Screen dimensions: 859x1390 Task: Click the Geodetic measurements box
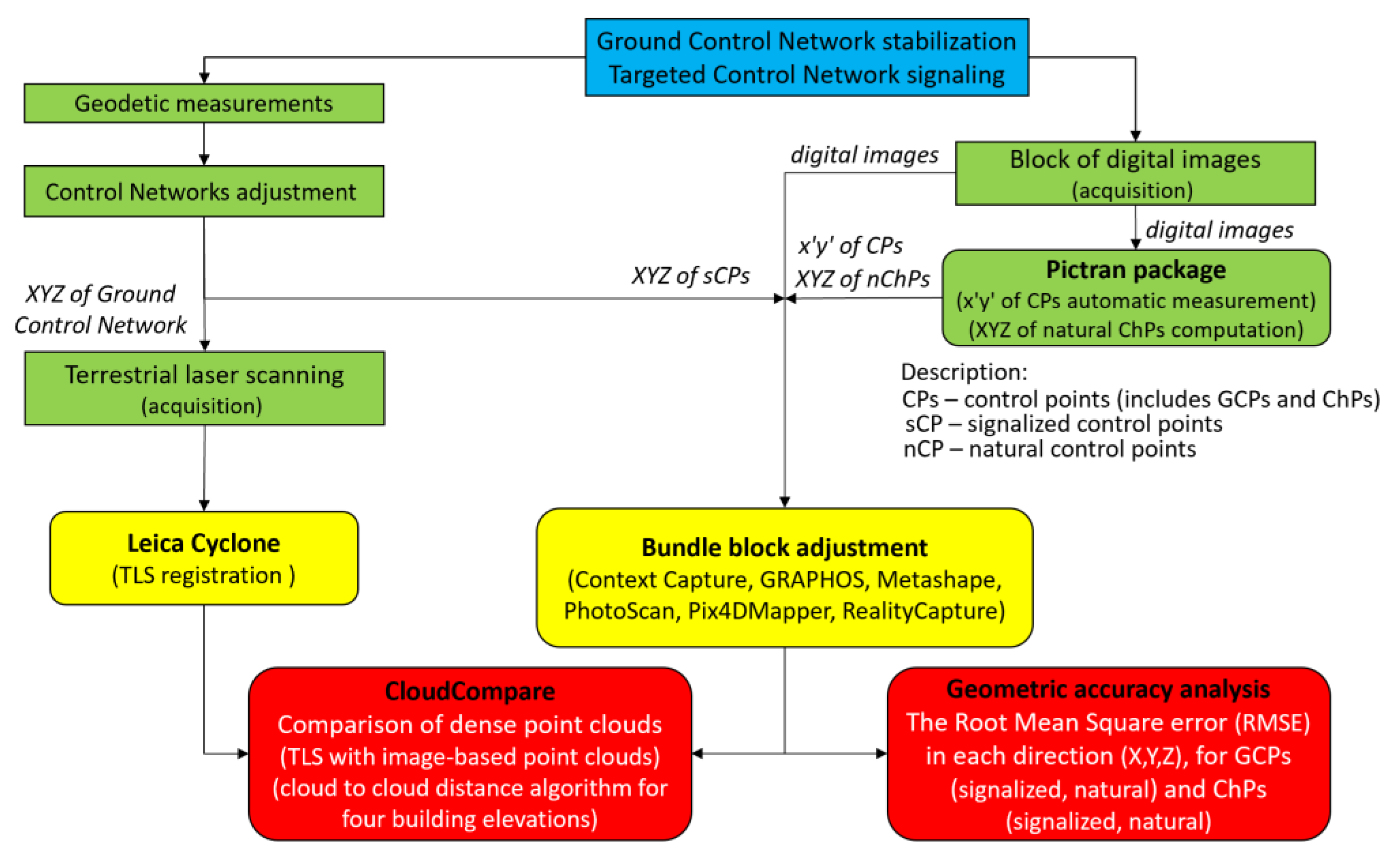point(203,103)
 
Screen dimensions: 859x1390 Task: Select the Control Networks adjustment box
point(203,191)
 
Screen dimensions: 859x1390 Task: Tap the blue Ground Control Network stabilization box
point(806,57)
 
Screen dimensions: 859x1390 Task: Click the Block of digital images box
point(1135,173)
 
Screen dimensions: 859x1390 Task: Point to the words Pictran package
point(1135,270)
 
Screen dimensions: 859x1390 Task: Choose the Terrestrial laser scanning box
point(204,388)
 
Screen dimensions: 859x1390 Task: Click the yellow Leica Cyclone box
point(203,557)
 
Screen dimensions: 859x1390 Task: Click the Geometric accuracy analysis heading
point(1108,689)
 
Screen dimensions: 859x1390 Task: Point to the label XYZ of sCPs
point(690,276)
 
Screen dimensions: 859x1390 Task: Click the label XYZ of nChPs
point(862,279)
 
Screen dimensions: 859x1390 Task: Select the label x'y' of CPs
point(850,246)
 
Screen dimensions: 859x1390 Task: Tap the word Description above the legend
point(963,372)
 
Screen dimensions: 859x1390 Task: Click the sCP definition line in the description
point(1063,424)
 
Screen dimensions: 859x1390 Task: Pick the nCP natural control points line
point(1049,449)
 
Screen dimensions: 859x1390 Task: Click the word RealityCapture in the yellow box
point(923,611)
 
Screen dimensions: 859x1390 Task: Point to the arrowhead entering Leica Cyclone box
point(205,505)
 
